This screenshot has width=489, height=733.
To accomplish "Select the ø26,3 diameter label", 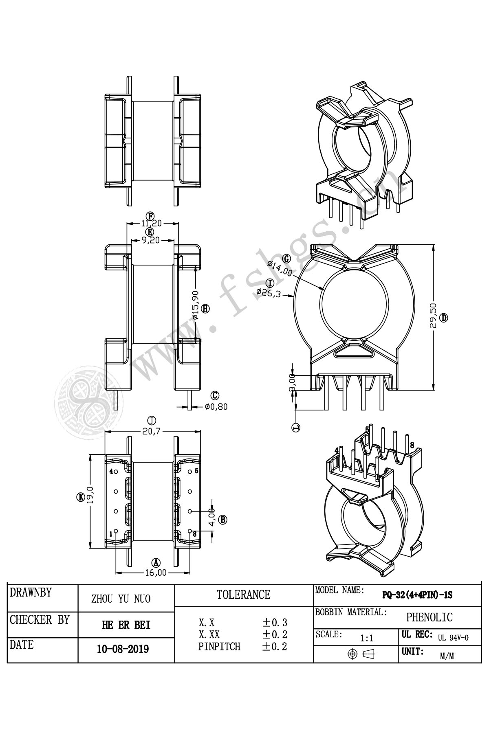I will coord(269,293).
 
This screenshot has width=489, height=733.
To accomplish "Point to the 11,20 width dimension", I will coord(152,223).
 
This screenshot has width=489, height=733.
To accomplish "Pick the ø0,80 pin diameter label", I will coord(216,406).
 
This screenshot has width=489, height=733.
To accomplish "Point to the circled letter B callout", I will coord(222,519).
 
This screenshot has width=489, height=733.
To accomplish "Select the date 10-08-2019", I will coord(123,649).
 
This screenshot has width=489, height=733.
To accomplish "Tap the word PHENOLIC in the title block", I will coord(429,617).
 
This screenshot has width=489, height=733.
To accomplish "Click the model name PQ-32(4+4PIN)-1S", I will coord(417,595).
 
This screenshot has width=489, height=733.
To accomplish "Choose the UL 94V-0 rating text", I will coord(453,638).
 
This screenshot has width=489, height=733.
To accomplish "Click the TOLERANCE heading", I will coord(243,595).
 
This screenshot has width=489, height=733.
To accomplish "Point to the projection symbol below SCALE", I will coord(361,654).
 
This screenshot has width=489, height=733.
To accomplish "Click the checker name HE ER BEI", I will coord(126,625).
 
